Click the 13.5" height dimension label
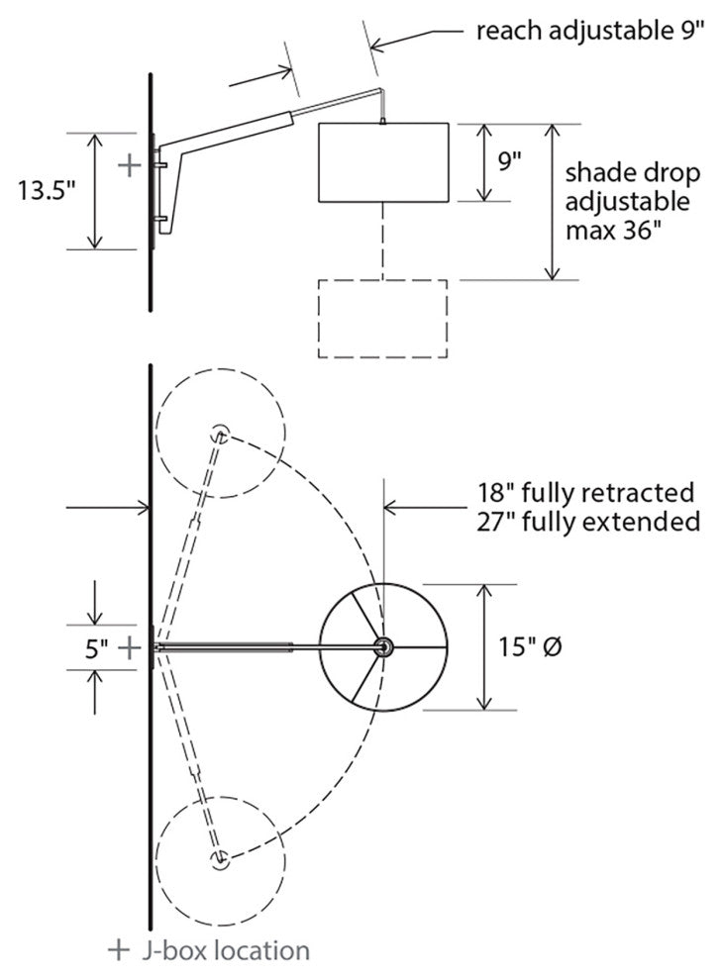click(x=46, y=191)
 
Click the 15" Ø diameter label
click(x=533, y=647)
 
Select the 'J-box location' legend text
click(x=225, y=950)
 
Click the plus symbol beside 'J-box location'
click(x=119, y=950)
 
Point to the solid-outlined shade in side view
click(x=383, y=162)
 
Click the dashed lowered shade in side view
click(x=382, y=318)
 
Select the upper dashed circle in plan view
click(x=220, y=434)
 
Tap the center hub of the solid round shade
click(x=382, y=646)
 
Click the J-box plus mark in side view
click(x=129, y=164)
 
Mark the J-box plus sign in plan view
click(x=130, y=647)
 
